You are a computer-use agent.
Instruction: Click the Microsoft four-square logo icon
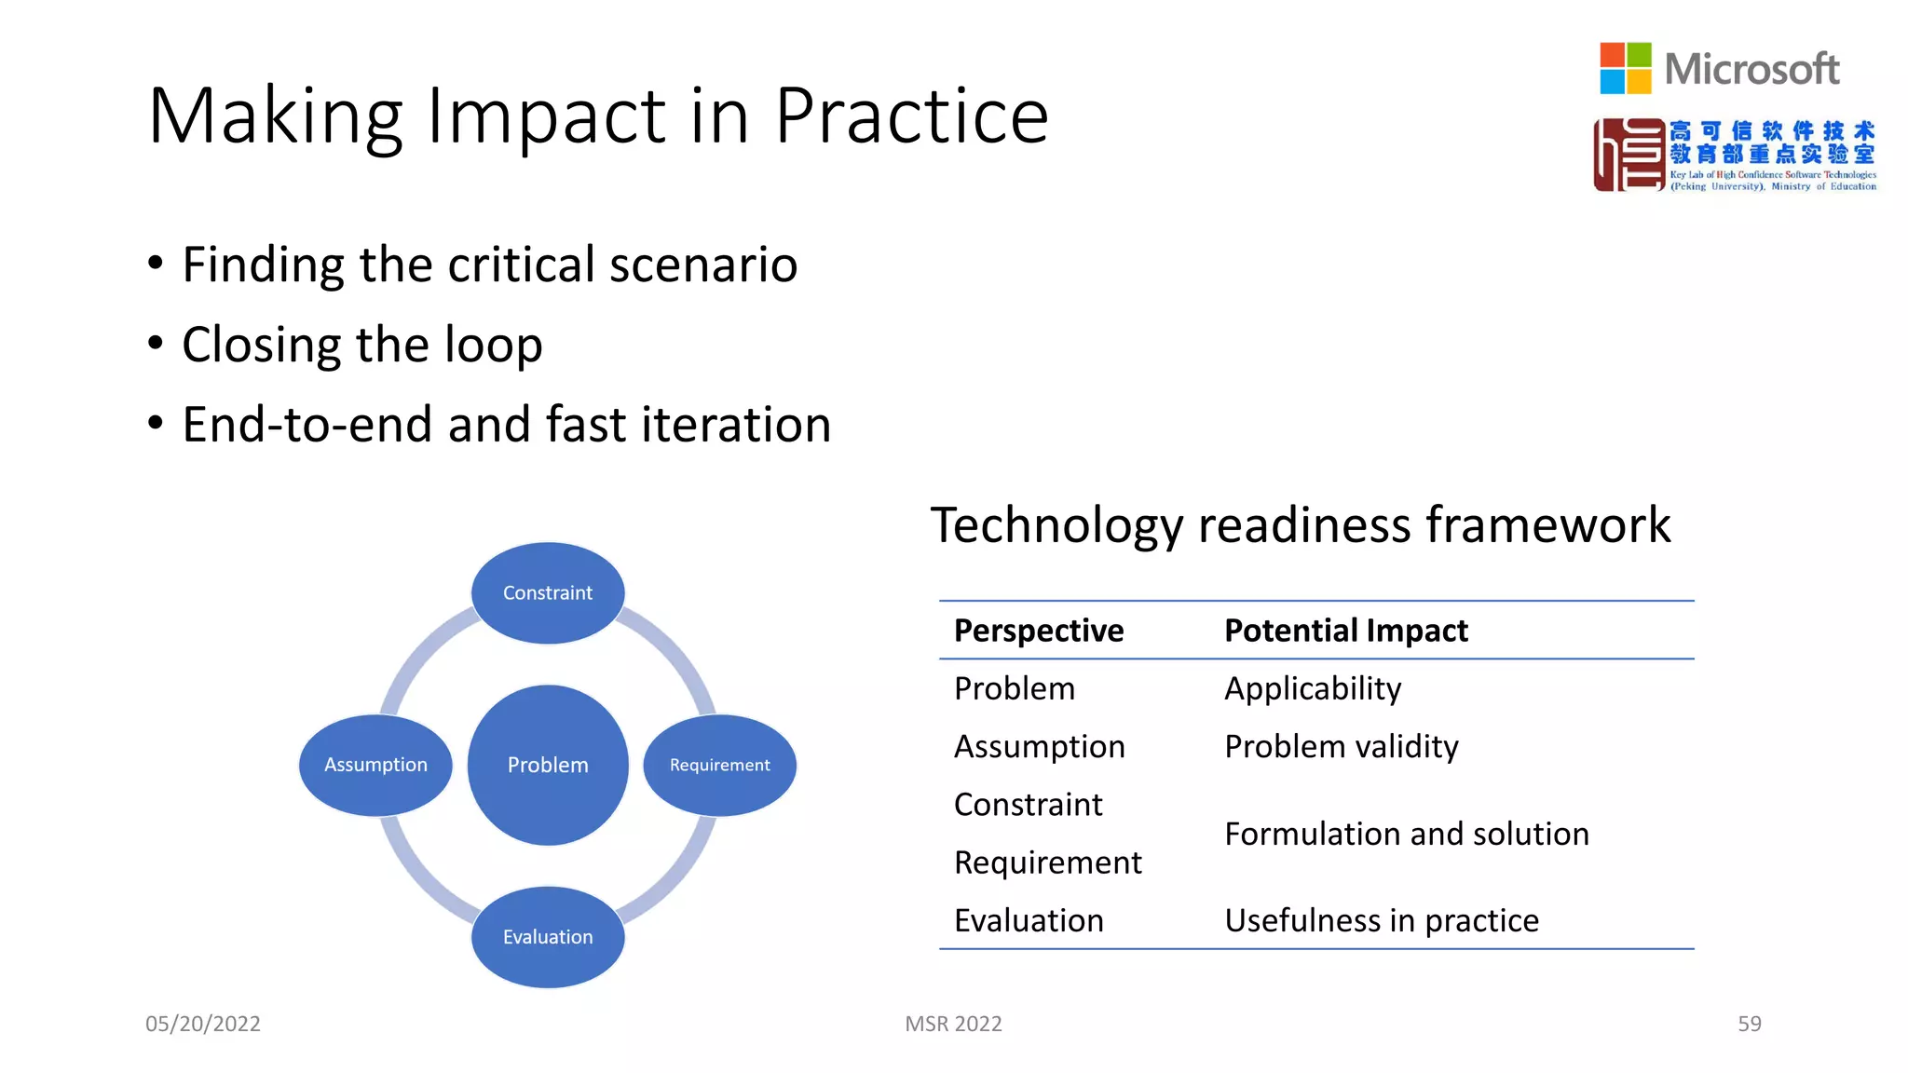(x=1625, y=68)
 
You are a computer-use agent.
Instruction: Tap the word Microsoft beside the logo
(x=1751, y=70)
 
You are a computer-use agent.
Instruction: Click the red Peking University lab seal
(x=1629, y=155)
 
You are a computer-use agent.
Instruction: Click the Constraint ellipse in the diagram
(x=548, y=593)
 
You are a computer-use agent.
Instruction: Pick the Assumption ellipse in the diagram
(x=375, y=765)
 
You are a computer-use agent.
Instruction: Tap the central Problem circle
(x=548, y=765)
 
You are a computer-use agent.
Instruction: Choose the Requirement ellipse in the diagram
(x=719, y=765)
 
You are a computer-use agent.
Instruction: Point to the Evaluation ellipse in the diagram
(x=548, y=937)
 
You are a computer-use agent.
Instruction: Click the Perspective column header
(x=1039, y=631)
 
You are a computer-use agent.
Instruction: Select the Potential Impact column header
(x=1345, y=631)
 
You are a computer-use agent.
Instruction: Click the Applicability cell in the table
(x=1312, y=688)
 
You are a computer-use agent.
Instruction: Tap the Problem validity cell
(x=1341, y=746)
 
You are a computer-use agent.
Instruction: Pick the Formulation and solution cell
(x=1406, y=834)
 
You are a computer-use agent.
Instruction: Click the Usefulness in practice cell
(x=1381, y=920)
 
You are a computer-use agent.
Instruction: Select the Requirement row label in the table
(x=1047, y=862)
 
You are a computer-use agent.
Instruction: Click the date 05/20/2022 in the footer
(x=203, y=1024)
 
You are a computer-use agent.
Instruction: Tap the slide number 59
(x=1749, y=1024)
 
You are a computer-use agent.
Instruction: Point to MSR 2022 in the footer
(x=953, y=1024)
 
